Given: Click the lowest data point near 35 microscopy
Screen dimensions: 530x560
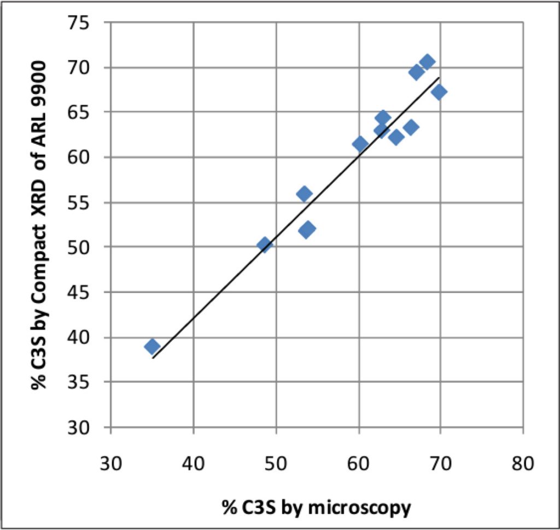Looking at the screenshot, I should [x=152, y=346].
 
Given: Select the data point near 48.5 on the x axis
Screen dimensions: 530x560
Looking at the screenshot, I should [x=265, y=244].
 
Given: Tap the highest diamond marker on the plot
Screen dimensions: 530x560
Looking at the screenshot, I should [x=427, y=62].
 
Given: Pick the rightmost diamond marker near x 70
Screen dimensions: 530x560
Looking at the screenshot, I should [x=439, y=92].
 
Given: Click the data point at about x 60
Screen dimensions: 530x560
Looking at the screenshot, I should [x=360, y=144].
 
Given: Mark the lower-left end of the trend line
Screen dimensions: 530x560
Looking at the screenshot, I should [x=153, y=358].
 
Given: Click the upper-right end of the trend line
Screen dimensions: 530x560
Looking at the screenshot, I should [x=439, y=78].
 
